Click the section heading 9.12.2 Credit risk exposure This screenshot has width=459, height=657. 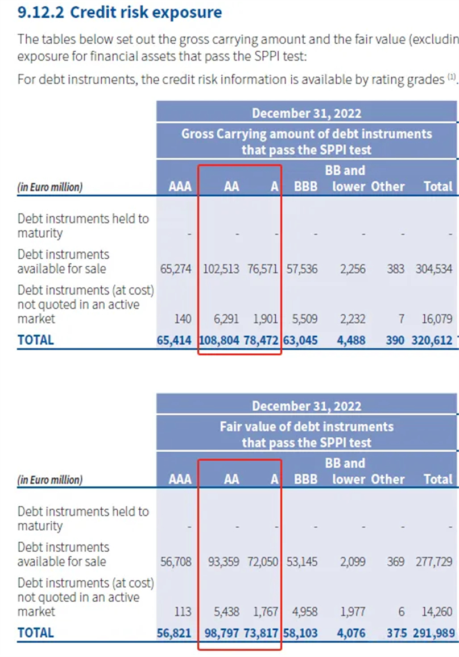tap(119, 13)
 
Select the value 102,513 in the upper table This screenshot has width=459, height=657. tap(222, 268)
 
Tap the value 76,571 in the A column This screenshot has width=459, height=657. tap(263, 268)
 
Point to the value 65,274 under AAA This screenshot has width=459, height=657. tap(176, 268)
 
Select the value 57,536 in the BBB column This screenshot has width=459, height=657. tap(301, 268)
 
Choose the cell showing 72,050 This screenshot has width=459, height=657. tap(263, 561)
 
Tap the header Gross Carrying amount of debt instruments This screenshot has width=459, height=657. tap(307, 134)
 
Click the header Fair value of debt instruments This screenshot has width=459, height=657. tap(307, 426)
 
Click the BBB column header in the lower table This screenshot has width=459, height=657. tap(305, 480)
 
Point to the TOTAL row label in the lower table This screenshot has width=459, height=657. tap(36, 633)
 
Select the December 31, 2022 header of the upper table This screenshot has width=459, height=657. tap(307, 113)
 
